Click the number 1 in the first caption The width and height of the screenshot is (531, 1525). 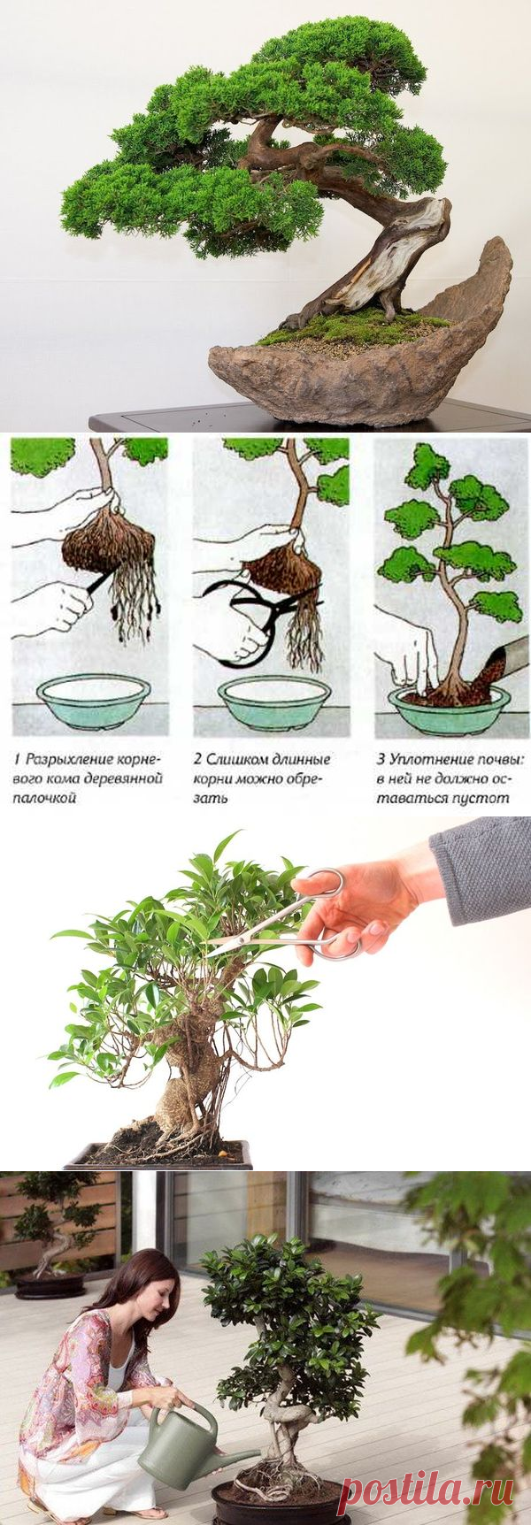pos(18,759)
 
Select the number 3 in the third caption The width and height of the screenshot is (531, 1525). pos(381,759)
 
